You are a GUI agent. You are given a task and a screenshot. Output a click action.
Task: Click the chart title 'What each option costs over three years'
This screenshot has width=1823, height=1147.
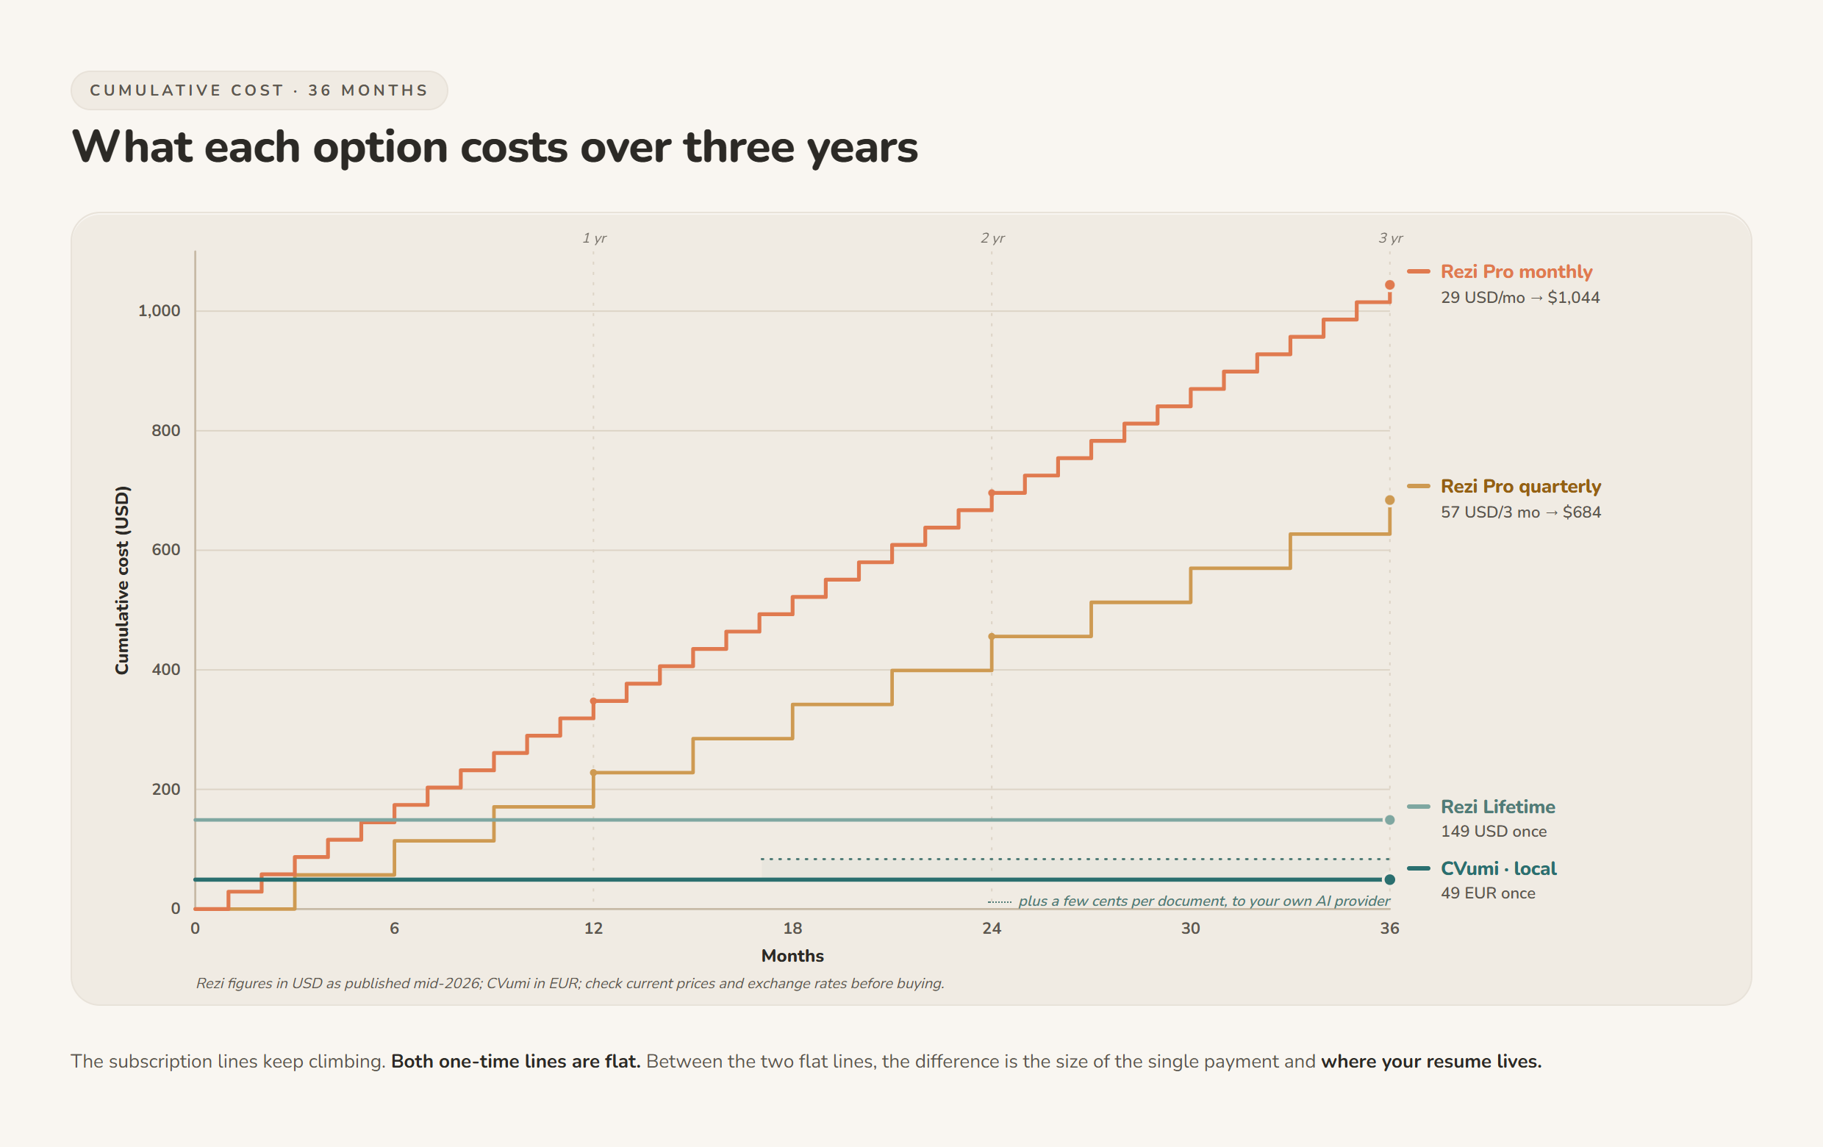(x=495, y=147)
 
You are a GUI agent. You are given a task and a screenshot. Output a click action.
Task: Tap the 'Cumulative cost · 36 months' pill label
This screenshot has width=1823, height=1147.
(x=259, y=90)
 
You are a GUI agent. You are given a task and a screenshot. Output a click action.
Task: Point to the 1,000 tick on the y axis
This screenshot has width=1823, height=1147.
(x=159, y=310)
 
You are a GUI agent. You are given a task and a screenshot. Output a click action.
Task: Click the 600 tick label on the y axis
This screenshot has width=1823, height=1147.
(x=166, y=550)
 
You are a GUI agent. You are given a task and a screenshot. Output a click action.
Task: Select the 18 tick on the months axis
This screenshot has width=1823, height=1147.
(x=792, y=928)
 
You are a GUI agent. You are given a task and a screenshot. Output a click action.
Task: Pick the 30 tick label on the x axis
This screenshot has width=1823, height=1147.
(x=1190, y=928)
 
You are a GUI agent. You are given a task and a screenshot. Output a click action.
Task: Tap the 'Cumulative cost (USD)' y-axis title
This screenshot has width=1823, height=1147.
(x=122, y=580)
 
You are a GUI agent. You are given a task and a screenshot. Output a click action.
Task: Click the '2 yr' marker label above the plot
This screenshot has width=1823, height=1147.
(x=992, y=237)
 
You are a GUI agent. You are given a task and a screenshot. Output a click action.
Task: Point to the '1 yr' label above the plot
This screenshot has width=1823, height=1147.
(x=594, y=237)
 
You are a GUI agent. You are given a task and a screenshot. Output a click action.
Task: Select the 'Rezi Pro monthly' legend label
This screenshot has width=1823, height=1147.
(x=1516, y=271)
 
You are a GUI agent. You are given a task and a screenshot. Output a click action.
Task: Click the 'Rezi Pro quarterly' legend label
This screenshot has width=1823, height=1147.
(x=1520, y=486)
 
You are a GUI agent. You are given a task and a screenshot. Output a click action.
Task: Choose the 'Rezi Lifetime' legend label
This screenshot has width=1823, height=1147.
(x=1497, y=807)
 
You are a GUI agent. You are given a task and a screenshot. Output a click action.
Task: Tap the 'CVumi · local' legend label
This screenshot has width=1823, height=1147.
(x=1498, y=868)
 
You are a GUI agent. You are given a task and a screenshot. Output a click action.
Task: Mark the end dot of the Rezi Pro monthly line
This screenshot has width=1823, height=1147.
(x=1389, y=285)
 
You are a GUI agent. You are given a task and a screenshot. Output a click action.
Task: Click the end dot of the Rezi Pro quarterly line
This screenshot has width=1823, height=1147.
(x=1389, y=500)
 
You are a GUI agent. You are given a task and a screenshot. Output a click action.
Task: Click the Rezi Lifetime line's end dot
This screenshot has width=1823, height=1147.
(x=1389, y=820)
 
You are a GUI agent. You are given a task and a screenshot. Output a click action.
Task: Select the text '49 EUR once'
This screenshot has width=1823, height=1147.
(x=1488, y=893)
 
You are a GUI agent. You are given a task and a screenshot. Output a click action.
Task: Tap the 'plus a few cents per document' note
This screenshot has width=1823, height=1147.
(x=1204, y=901)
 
